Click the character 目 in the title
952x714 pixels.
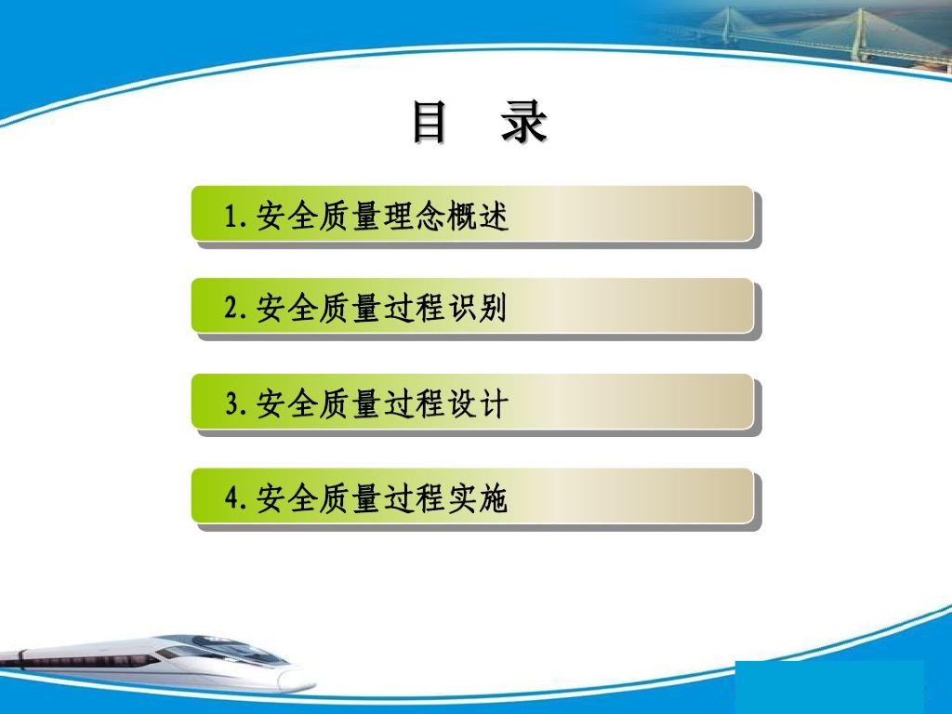(430, 122)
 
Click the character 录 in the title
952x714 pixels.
(523, 122)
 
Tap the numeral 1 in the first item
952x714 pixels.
(231, 216)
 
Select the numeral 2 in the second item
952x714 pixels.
(231, 308)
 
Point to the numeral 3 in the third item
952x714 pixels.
(231, 403)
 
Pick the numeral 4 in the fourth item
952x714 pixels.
(231, 498)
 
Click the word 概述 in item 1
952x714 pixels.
(477, 216)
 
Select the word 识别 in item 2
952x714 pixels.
(477, 308)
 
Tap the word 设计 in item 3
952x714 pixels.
(477, 403)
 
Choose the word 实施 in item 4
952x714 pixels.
(477, 498)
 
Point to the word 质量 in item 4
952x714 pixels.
(350, 498)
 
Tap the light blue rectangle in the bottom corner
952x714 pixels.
(829, 687)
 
